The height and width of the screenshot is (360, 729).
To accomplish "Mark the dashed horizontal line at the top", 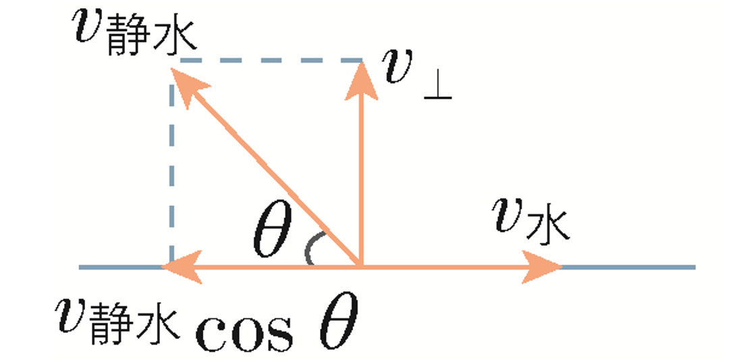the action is pos(270,61).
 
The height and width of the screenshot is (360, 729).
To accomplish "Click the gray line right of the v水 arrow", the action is pos(628,267).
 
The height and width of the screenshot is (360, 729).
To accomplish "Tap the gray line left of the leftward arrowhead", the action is pos(122,267).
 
